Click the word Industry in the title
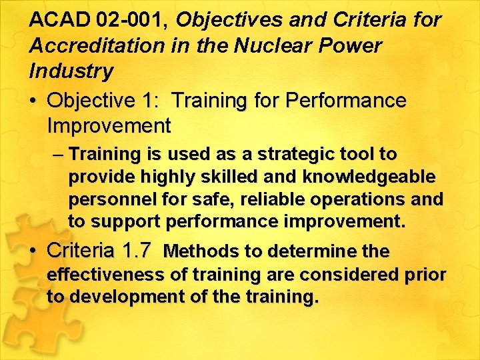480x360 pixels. click(71, 70)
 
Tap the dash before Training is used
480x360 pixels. click(57, 155)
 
